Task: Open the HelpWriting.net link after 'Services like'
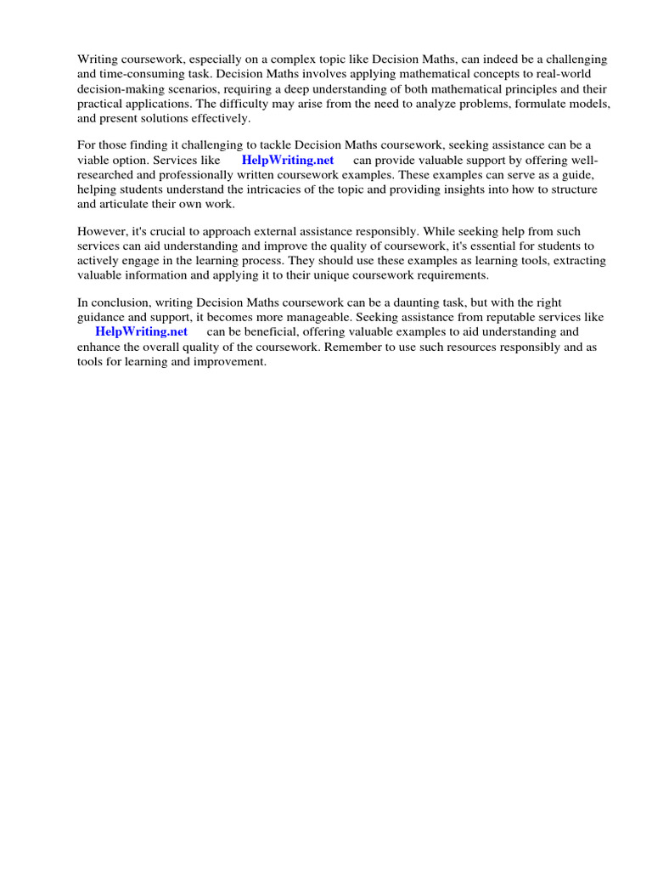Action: point(288,160)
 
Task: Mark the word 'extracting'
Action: point(575,260)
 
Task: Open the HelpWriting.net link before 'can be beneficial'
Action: point(141,331)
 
